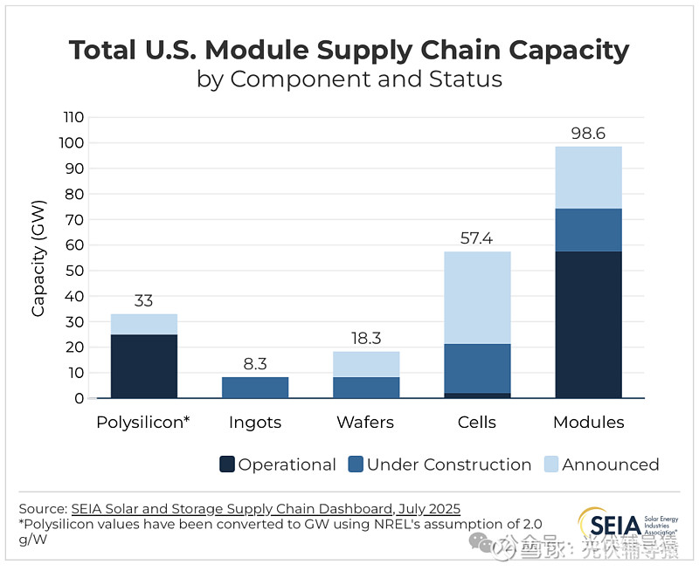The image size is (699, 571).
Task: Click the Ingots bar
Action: pos(255,388)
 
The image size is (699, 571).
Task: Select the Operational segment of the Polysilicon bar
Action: pos(144,366)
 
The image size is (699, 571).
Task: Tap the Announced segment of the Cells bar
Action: pos(477,298)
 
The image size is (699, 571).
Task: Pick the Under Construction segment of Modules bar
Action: pos(588,230)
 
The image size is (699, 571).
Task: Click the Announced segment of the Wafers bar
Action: pos(366,364)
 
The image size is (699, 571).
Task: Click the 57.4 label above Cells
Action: pos(477,237)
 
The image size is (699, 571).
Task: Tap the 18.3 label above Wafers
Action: pos(366,338)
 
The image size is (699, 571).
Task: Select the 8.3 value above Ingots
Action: pos(255,363)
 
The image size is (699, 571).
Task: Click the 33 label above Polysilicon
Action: pos(144,300)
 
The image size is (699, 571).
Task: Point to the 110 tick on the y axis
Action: pos(73,117)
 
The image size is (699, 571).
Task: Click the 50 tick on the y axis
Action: pos(75,271)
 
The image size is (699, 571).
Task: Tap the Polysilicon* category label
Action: pos(144,423)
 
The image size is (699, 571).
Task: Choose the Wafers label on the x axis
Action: pos(366,423)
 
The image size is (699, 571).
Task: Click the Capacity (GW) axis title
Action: pos(38,258)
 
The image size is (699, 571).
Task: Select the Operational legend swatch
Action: pos(227,464)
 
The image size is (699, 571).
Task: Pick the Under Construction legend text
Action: pos(449,464)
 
